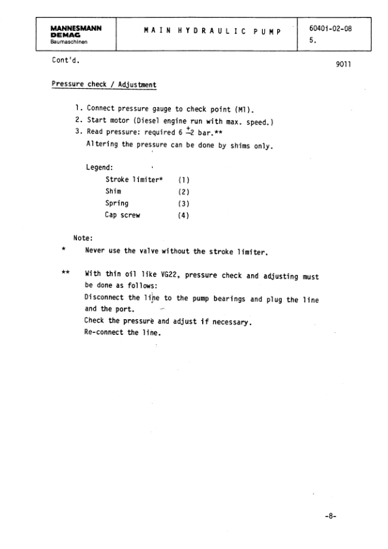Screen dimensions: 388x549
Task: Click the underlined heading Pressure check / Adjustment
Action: pyautogui.click(x=104, y=85)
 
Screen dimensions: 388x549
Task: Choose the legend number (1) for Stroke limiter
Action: pyautogui.click(x=183, y=179)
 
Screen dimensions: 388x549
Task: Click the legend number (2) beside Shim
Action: pyautogui.click(x=183, y=191)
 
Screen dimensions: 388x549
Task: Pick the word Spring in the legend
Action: pyautogui.click(x=117, y=203)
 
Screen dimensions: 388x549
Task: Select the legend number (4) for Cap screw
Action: pyautogui.click(x=183, y=215)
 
